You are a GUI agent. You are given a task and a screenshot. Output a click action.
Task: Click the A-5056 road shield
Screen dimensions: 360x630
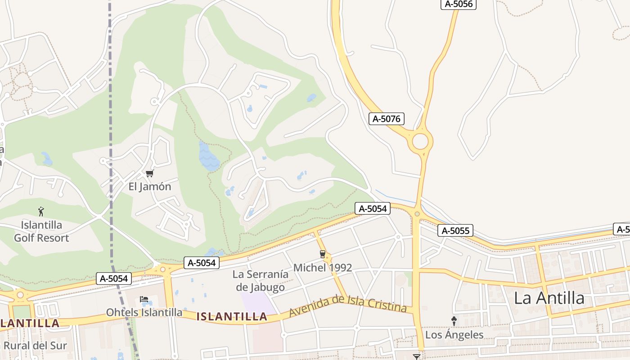[458, 4]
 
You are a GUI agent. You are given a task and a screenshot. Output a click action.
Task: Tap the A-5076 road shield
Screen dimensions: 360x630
[386, 119]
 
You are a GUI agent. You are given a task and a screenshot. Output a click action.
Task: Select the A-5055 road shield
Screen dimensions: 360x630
[455, 231]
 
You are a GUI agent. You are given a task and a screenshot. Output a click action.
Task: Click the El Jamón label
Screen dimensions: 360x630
[150, 186]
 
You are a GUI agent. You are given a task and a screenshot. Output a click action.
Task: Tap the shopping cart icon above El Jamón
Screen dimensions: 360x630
[149, 173]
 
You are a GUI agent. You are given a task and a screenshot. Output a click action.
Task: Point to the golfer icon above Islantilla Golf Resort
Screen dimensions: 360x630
[41, 211]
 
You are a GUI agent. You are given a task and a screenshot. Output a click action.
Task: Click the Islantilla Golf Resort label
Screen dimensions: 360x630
[41, 231]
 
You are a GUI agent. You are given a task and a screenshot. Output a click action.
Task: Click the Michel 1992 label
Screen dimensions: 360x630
[322, 268]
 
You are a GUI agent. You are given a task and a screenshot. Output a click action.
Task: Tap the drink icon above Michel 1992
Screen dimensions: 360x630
[322, 254]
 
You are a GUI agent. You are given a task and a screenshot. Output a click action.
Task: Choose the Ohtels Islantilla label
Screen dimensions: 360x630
[144, 312]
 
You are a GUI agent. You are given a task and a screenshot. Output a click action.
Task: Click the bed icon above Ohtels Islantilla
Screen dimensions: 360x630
[144, 299]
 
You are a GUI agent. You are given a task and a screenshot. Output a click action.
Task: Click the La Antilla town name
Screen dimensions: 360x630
[549, 298]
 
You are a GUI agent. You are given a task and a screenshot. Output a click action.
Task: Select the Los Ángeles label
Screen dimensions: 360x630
[454, 335]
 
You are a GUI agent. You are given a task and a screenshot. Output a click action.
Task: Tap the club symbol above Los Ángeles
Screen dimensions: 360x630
[454, 321]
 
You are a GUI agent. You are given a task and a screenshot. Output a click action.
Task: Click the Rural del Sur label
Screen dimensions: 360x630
[35, 346]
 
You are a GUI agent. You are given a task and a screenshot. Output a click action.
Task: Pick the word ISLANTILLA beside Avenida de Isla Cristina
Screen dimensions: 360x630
[232, 317]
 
